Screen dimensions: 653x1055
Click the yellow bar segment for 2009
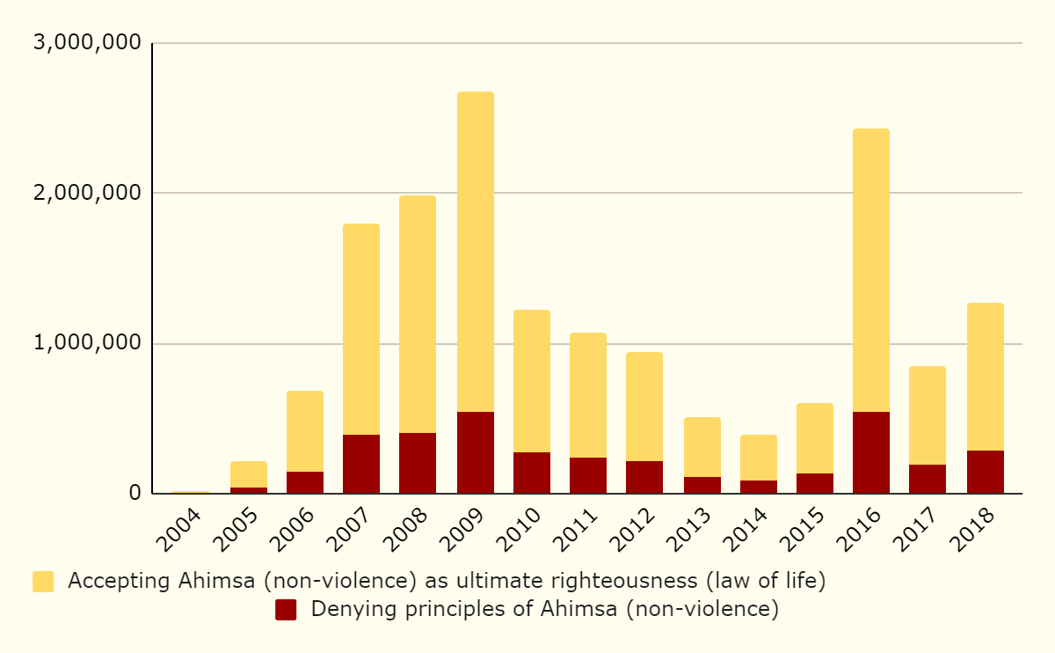click(x=475, y=252)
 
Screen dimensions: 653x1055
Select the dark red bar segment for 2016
click(x=870, y=452)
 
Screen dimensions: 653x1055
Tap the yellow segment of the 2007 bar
click(x=361, y=329)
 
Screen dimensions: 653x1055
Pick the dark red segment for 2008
click(x=418, y=463)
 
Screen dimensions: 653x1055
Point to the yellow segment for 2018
click(x=985, y=377)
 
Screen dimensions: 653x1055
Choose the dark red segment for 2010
click(x=532, y=473)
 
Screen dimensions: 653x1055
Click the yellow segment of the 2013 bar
click(x=702, y=447)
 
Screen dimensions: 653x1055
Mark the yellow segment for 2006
click(x=305, y=431)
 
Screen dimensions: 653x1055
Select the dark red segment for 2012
click(x=644, y=477)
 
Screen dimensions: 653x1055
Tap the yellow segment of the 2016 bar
click(x=870, y=270)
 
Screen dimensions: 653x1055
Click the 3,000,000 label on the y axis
click(x=85, y=43)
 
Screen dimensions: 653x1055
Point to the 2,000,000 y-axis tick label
click(x=85, y=193)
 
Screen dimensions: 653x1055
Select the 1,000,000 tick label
click(x=85, y=343)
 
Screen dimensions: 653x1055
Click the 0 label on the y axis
click(x=135, y=493)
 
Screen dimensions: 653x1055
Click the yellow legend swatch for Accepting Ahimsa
click(x=43, y=582)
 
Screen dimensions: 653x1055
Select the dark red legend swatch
click(x=286, y=609)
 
